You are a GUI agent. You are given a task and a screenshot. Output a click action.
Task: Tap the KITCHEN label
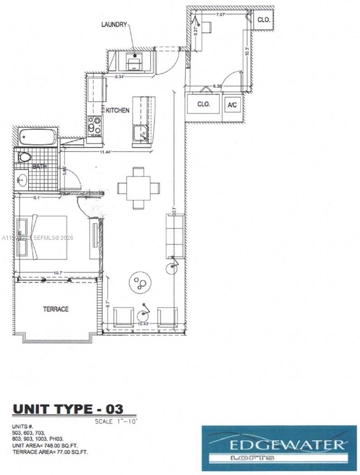118,110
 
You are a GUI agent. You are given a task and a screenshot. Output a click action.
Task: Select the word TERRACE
56,309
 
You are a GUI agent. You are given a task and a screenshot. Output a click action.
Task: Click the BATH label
40,167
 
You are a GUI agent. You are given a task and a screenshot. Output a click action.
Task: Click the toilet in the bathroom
24,157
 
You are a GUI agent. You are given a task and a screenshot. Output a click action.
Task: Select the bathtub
38,137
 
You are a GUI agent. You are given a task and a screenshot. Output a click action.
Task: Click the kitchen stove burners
95,125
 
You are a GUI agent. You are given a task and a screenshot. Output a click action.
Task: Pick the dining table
138,188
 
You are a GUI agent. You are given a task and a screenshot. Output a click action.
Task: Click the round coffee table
140,283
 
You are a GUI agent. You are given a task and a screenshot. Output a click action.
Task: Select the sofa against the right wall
175,235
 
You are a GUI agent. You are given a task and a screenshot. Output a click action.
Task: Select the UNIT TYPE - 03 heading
68,409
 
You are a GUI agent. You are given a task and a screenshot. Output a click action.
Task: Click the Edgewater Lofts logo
279,448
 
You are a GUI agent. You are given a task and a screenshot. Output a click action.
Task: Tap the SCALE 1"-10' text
115,421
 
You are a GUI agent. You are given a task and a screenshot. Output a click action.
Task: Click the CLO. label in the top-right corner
264,19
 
